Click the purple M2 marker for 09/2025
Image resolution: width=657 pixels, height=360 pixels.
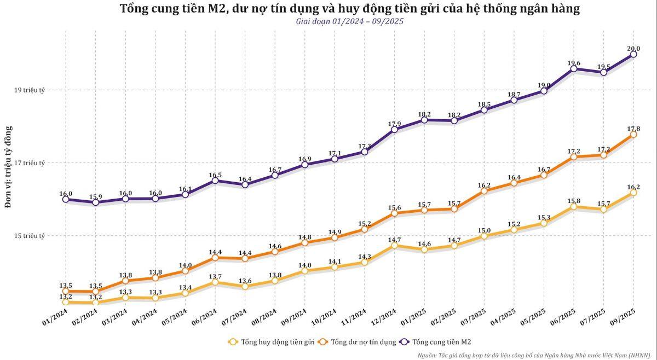pyautogui.click(x=633, y=54)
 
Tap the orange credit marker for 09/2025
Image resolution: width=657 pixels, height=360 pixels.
pyautogui.click(x=633, y=135)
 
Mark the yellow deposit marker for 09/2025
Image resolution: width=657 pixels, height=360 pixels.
pyautogui.click(x=633, y=193)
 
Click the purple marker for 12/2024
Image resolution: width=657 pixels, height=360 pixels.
pyautogui.click(x=395, y=130)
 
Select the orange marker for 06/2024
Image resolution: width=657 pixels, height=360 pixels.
pyautogui.click(x=215, y=258)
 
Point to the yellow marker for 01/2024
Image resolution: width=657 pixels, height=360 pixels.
pyautogui.click(x=66, y=302)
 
